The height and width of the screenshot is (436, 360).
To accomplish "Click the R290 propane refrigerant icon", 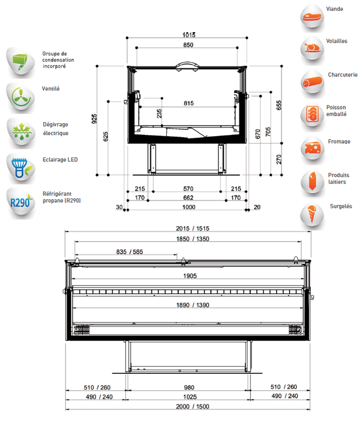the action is pyautogui.click(x=21, y=202).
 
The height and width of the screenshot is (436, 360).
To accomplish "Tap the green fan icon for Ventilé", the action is pyautogui.click(x=21, y=98).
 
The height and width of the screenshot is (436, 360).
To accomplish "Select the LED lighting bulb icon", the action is pyautogui.click(x=21, y=168).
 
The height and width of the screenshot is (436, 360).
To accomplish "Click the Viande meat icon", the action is pyautogui.click(x=313, y=17).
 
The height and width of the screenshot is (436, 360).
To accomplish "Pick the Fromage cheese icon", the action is pyautogui.click(x=313, y=149).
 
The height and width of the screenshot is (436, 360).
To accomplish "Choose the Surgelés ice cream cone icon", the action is pyautogui.click(x=313, y=215).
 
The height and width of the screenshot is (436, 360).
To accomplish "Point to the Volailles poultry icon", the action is pyautogui.click(x=313, y=49).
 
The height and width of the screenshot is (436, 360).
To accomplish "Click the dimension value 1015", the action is pyautogui.click(x=189, y=35).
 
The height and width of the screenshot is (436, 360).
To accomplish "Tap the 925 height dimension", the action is pyautogui.click(x=94, y=119).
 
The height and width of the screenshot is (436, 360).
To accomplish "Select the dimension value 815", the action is pyautogui.click(x=189, y=103).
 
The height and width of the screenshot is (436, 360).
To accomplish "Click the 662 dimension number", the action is pyautogui.click(x=188, y=198).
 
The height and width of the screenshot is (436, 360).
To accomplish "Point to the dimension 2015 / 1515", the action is pyautogui.click(x=193, y=228).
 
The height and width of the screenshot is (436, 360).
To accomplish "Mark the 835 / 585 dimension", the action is pyautogui.click(x=130, y=252).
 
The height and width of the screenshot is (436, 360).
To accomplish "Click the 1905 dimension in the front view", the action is pyautogui.click(x=190, y=276).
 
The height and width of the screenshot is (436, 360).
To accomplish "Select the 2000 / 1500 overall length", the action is pyautogui.click(x=193, y=407).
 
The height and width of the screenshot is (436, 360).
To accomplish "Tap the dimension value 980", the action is pyautogui.click(x=189, y=387).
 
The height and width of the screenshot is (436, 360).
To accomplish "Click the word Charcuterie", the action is pyautogui.click(x=343, y=75).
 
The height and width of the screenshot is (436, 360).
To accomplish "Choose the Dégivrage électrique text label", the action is pyautogui.click(x=56, y=129).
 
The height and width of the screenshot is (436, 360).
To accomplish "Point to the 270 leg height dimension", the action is pyautogui.click(x=279, y=159).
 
